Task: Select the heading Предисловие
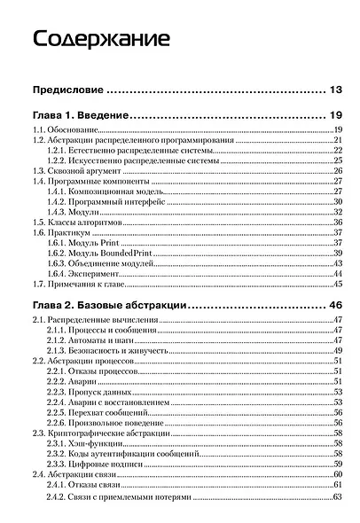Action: pos(69,90)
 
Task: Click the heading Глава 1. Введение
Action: pos(81,115)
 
